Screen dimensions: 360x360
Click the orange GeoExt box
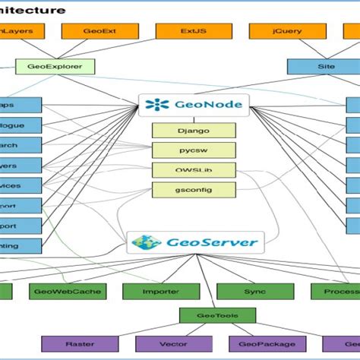[99, 31]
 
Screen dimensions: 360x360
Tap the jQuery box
[288, 31]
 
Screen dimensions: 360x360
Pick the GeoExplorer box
[55, 66]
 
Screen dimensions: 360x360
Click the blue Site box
[325, 66]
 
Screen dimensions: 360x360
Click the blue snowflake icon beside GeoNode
[155, 106]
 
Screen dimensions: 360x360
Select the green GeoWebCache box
[68, 291]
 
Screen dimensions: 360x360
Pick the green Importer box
[160, 291]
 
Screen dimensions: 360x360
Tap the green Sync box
[254, 291]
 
